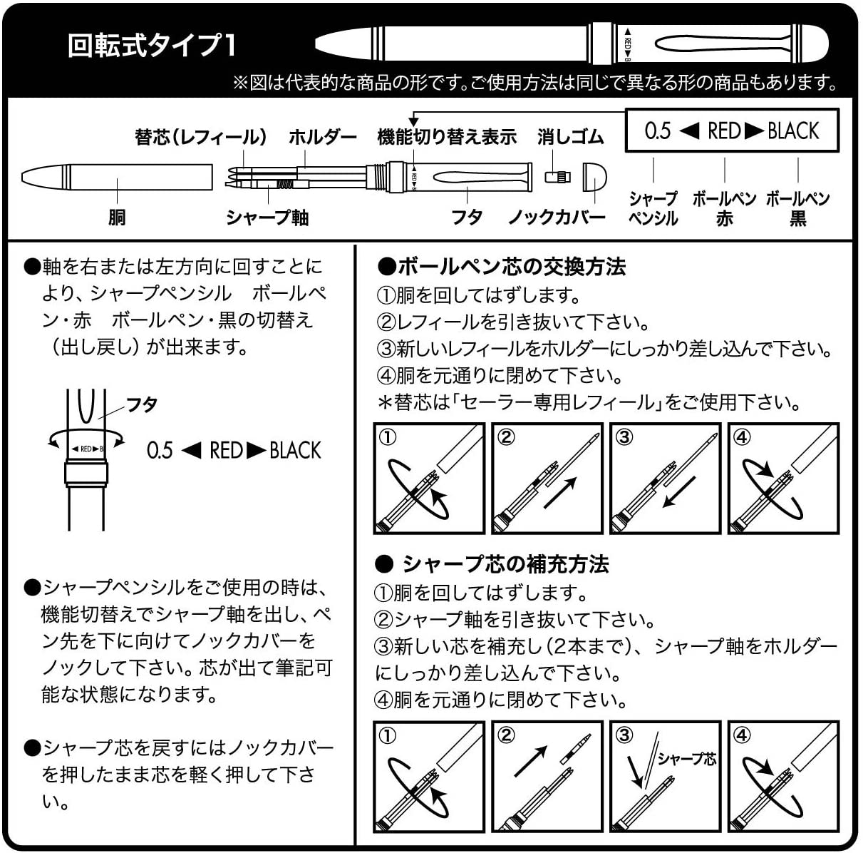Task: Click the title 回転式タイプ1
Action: coord(151,46)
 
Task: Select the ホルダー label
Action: coord(322,136)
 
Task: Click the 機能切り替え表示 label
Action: coord(446,136)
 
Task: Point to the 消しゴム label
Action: coord(570,136)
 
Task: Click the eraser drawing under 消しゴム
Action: coord(559,177)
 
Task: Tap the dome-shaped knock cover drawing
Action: coord(594,176)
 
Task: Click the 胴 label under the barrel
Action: coord(117,217)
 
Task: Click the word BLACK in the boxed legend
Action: coord(793,131)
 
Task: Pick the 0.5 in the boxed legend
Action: coord(657,131)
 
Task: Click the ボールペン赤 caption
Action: coord(724,208)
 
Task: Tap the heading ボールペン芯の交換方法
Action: coord(501,267)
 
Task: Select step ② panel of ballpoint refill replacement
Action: coord(547,478)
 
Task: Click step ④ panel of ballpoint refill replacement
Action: coord(783,478)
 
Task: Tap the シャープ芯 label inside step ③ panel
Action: coord(686,758)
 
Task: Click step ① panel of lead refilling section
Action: coord(429,776)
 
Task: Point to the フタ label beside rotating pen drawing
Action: coord(142,404)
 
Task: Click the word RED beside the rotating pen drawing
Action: coord(226,450)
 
